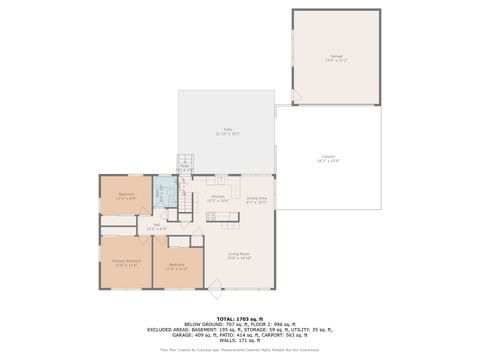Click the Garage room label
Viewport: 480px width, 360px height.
click(x=336, y=57)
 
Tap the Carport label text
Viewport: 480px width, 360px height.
click(x=328, y=158)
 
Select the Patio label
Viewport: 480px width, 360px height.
click(x=228, y=131)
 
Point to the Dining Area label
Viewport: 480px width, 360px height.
click(x=256, y=199)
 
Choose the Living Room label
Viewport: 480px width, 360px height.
click(x=239, y=256)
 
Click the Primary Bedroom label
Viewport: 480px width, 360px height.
click(x=127, y=262)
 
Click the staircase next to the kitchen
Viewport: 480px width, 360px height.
click(x=186, y=204)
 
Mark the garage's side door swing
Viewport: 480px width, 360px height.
click(x=295, y=97)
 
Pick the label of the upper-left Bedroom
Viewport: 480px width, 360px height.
click(x=127, y=195)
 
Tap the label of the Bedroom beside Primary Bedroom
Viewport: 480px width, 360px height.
click(x=176, y=266)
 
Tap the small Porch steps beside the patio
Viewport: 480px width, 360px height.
click(x=184, y=166)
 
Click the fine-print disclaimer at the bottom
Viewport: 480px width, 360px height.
click(x=240, y=350)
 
